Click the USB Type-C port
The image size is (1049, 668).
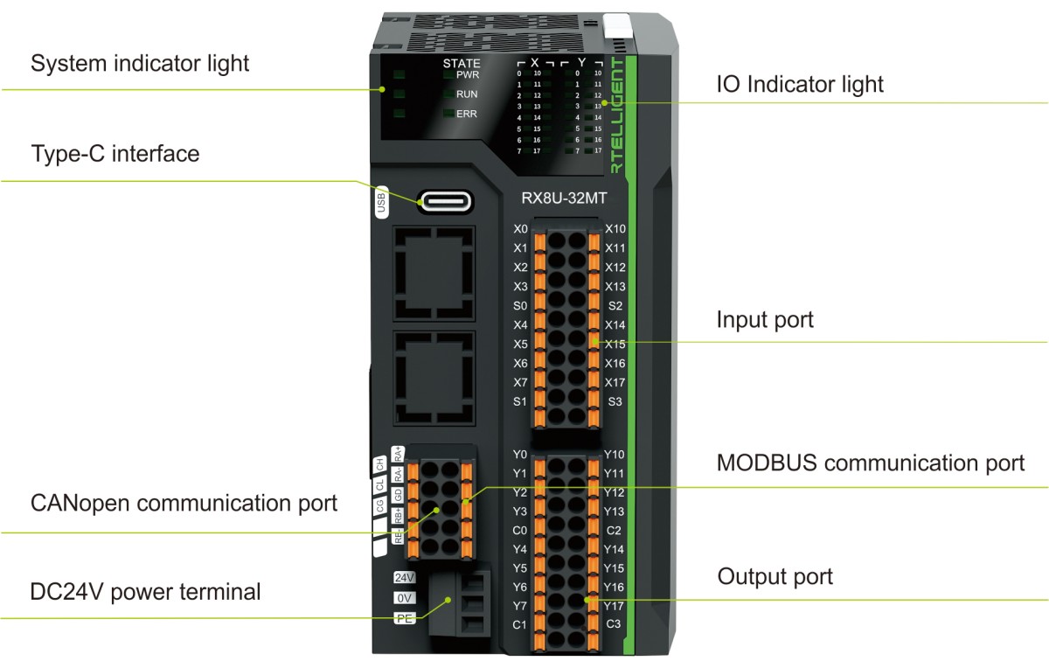(x=446, y=201)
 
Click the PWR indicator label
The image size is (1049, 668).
(x=468, y=75)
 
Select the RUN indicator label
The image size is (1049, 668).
(x=467, y=94)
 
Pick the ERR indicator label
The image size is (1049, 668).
(x=467, y=114)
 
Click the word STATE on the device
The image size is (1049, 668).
(x=462, y=63)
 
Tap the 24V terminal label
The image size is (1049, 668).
(x=404, y=578)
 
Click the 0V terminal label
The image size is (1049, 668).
(x=404, y=598)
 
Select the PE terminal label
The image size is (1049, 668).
(x=404, y=618)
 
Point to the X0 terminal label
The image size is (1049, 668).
(x=521, y=229)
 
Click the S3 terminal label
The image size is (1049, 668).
(x=615, y=401)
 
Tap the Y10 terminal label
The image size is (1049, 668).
(x=615, y=455)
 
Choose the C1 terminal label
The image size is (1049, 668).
(x=520, y=624)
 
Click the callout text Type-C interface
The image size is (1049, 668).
(x=115, y=155)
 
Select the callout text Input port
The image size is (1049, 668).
(x=765, y=320)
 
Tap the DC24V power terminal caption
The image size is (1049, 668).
(x=146, y=592)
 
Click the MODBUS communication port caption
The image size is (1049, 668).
(x=871, y=463)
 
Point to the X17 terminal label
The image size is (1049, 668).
(x=615, y=382)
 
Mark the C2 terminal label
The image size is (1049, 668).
(x=615, y=530)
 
